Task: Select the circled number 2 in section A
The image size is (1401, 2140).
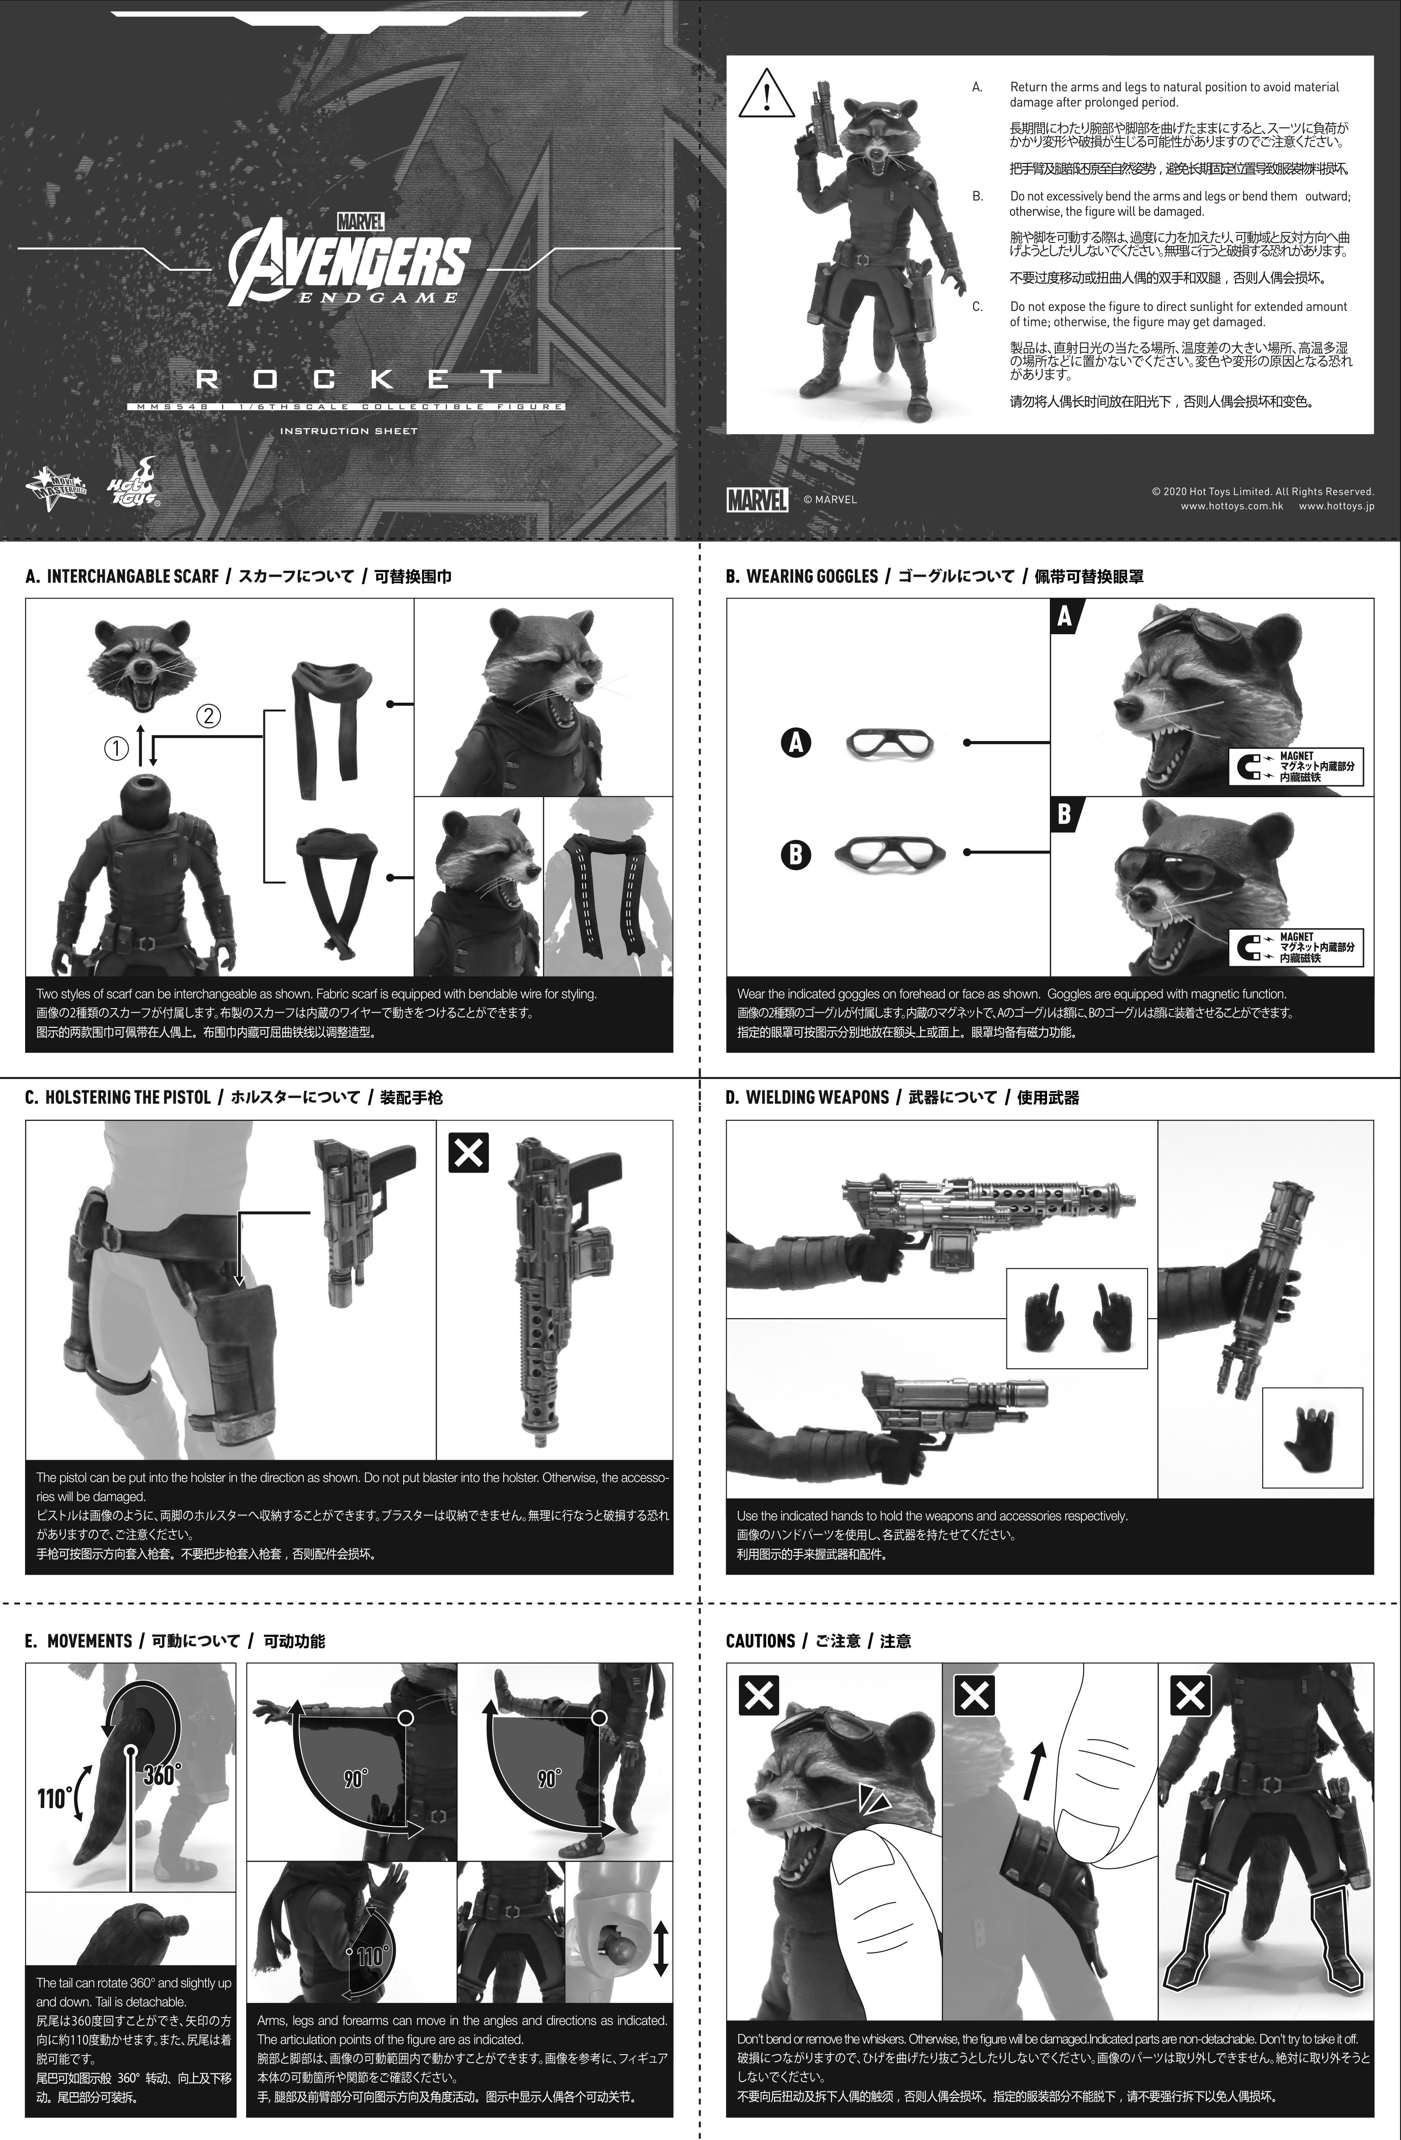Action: [208, 717]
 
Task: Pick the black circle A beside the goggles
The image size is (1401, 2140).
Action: [796, 743]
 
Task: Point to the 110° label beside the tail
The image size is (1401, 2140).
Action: [54, 1798]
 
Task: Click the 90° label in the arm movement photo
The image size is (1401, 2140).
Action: [356, 1778]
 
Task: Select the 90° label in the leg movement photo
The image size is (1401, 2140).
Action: [548, 1778]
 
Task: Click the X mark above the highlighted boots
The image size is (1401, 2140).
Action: [1190, 1697]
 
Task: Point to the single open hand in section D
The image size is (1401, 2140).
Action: [1312, 1440]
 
